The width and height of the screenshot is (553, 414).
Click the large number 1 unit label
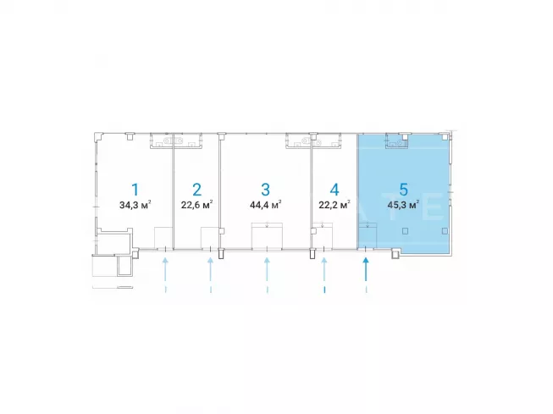click(x=135, y=190)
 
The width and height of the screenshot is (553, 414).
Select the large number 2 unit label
click(x=196, y=190)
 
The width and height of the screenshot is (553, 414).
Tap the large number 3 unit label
click(x=265, y=190)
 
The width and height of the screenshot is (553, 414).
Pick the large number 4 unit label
click(x=335, y=190)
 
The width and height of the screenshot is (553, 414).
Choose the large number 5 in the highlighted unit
click(x=403, y=190)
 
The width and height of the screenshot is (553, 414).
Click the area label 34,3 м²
click(x=135, y=205)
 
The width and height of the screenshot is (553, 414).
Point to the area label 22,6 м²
click(x=196, y=205)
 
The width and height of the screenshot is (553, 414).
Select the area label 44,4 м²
click(x=265, y=205)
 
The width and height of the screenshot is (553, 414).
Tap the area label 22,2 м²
click(x=335, y=205)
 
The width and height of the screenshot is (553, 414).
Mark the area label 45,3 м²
click(x=403, y=205)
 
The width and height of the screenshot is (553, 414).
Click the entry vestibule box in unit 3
click(x=267, y=235)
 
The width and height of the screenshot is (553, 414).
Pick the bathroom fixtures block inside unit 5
click(x=397, y=141)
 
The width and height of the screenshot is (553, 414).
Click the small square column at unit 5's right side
click(x=445, y=231)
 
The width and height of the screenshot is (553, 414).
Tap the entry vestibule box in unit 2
click(x=210, y=238)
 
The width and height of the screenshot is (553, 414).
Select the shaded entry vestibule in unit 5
click(x=368, y=235)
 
